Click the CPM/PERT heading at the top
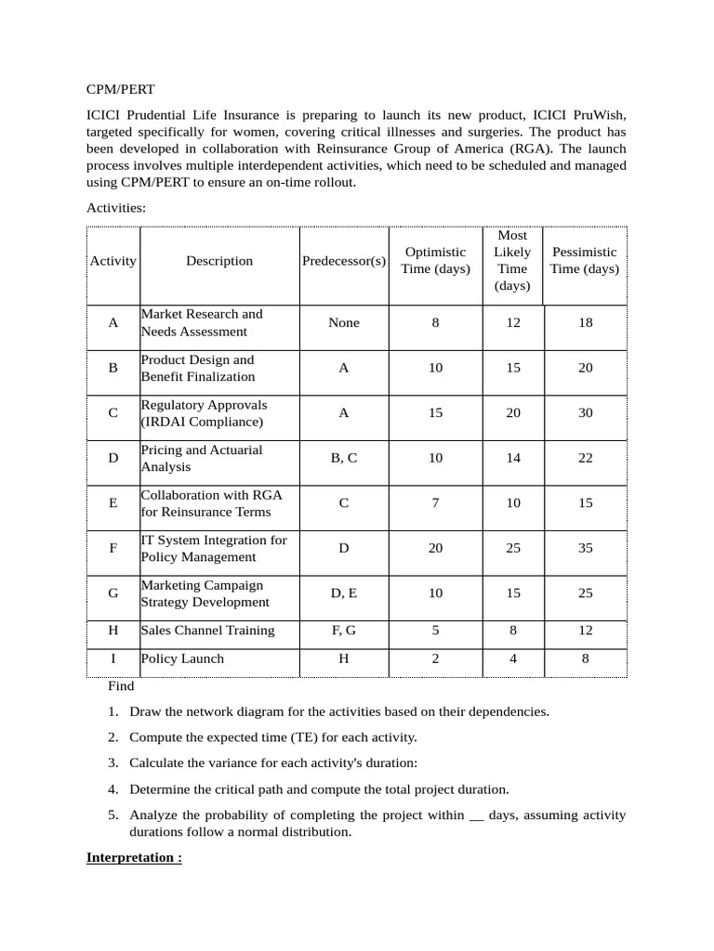tap(121, 90)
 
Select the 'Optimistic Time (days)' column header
tap(435, 260)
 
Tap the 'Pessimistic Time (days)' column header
tap(584, 260)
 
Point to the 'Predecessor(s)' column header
tap(343, 261)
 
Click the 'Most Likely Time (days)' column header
tap(512, 260)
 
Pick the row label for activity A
tap(113, 323)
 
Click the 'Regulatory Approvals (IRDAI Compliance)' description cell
tap(204, 413)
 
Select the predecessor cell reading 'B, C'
tap(343, 458)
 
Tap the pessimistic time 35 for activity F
tap(585, 548)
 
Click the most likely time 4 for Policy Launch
tap(513, 658)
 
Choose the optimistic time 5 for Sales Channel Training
tap(435, 631)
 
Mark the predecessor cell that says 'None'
tap(343, 323)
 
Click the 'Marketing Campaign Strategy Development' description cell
tap(205, 593)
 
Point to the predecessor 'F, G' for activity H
tap(343, 631)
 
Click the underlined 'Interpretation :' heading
tap(134, 857)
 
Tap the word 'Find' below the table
tap(121, 686)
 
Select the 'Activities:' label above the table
tap(116, 208)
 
